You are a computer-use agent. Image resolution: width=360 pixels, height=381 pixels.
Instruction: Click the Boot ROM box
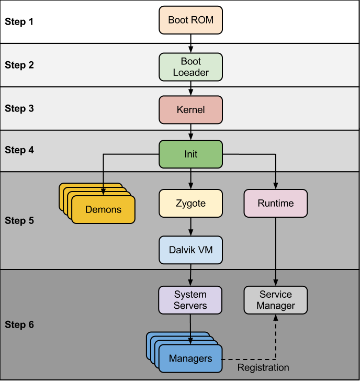click(190, 20)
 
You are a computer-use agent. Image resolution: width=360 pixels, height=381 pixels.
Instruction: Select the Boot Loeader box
click(190, 68)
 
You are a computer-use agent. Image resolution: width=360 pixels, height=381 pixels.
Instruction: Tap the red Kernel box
click(190, 110)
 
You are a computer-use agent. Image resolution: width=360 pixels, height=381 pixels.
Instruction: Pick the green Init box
click(190, 154)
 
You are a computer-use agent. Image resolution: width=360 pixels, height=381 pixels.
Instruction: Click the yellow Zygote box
click(190, 203)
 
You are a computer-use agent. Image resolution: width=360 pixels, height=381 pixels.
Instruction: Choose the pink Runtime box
click(276, 203)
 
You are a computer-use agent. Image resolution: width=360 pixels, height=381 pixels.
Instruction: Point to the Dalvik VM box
click(190, 250)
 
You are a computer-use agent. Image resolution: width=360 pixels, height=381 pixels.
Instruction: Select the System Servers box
click(190, 300)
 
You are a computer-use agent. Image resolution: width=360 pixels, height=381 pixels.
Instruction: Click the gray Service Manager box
click(276, 300)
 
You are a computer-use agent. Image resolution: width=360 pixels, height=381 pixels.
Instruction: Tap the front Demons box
click(103, 210)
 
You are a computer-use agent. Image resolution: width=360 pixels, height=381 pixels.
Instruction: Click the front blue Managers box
click(190, 358)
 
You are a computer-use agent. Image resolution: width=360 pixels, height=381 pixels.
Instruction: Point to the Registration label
click(263, 368)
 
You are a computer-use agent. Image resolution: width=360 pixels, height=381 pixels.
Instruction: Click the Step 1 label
click(19, 22)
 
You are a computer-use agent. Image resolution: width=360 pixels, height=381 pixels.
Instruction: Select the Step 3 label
click(19, 109)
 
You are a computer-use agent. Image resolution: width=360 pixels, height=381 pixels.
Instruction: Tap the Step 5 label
click(19, 220)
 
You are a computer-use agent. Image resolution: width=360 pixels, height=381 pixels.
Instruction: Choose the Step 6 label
click(19, 325)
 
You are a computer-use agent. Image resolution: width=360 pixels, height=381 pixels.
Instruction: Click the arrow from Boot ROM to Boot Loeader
click(190, 42)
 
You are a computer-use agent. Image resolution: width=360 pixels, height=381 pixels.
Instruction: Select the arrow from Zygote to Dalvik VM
click(190, 226)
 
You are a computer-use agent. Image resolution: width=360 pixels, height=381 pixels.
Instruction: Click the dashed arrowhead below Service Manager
click(276, 318)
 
